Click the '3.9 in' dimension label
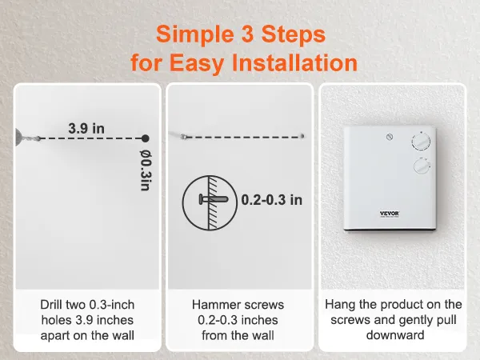[86, 127]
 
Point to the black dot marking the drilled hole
[145, 138]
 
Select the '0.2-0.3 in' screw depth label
[272, 199]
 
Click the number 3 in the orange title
[257, 34]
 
